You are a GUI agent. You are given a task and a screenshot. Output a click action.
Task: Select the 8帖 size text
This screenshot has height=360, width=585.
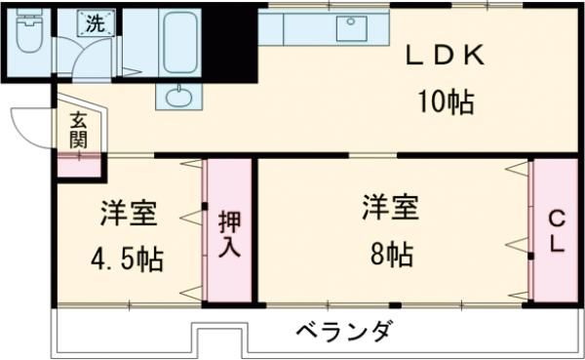coord(391,255)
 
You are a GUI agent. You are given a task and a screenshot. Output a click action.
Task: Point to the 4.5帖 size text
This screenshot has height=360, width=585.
coord(127,260)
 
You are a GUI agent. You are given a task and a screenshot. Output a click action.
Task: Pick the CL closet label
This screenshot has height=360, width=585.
coord(556,231)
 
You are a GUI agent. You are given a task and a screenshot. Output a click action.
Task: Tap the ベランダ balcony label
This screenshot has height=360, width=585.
coord(344,331)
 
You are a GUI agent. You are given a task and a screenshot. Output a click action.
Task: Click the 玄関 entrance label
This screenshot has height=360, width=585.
coord(78,131)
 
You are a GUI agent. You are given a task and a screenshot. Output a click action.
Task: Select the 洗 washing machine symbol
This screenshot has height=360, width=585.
coord(95,25)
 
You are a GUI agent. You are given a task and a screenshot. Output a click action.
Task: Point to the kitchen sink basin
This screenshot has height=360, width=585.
coord(351,28)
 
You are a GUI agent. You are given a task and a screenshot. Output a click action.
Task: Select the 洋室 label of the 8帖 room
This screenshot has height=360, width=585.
coord(391,208)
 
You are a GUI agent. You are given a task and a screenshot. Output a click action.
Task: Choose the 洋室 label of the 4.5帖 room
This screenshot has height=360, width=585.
coord(127,213)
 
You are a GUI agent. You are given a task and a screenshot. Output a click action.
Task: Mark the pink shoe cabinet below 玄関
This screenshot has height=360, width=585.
coord(78,165)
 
